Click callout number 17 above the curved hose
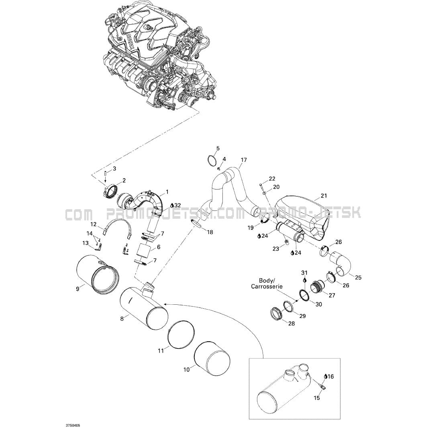(243, 160)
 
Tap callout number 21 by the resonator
(324, 196)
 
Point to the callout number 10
(186, 370)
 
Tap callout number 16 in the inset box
(330, 377)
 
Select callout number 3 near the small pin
(114, 169)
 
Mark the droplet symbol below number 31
(305, 280)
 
